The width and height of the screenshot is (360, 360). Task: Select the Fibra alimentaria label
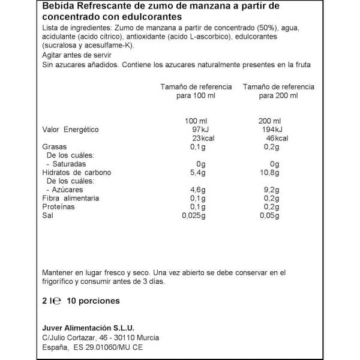point(71,198)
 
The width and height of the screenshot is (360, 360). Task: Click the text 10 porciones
point(92,300)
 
